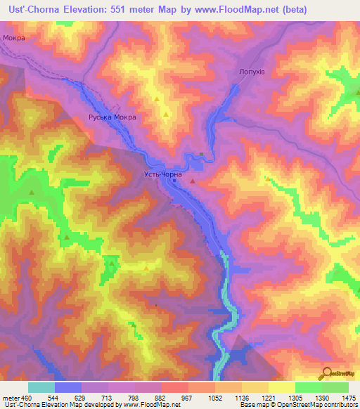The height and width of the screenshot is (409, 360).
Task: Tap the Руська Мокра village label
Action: [112, 118]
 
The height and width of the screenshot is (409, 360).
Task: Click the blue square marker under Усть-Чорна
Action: [174, 181]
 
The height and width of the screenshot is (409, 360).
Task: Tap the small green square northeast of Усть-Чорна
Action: [202, 154]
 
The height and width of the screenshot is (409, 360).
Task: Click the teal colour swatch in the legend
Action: [41, 387]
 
